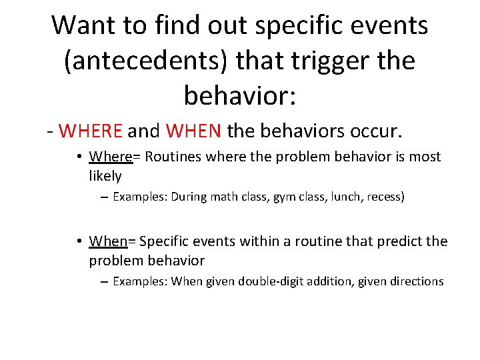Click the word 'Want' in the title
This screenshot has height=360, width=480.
pyautogui.click(x=85, y=25)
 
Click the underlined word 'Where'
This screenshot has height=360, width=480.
pyautogui.click(x=111, y=157)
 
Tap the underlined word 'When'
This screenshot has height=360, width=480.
pyautogui.click(x=109, y=241)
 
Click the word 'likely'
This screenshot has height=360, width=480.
pyautogui.click(x=105, y=176)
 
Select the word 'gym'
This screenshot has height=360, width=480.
pyautogui.click(x=283, y=197)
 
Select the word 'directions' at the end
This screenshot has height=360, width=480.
pyautogui.click(x=417, y=281)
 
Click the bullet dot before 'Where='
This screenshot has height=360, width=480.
pyautogui.click(x=79, y=157)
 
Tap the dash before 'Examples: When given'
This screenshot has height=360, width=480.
pyautogui.click(x=105, y=282)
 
